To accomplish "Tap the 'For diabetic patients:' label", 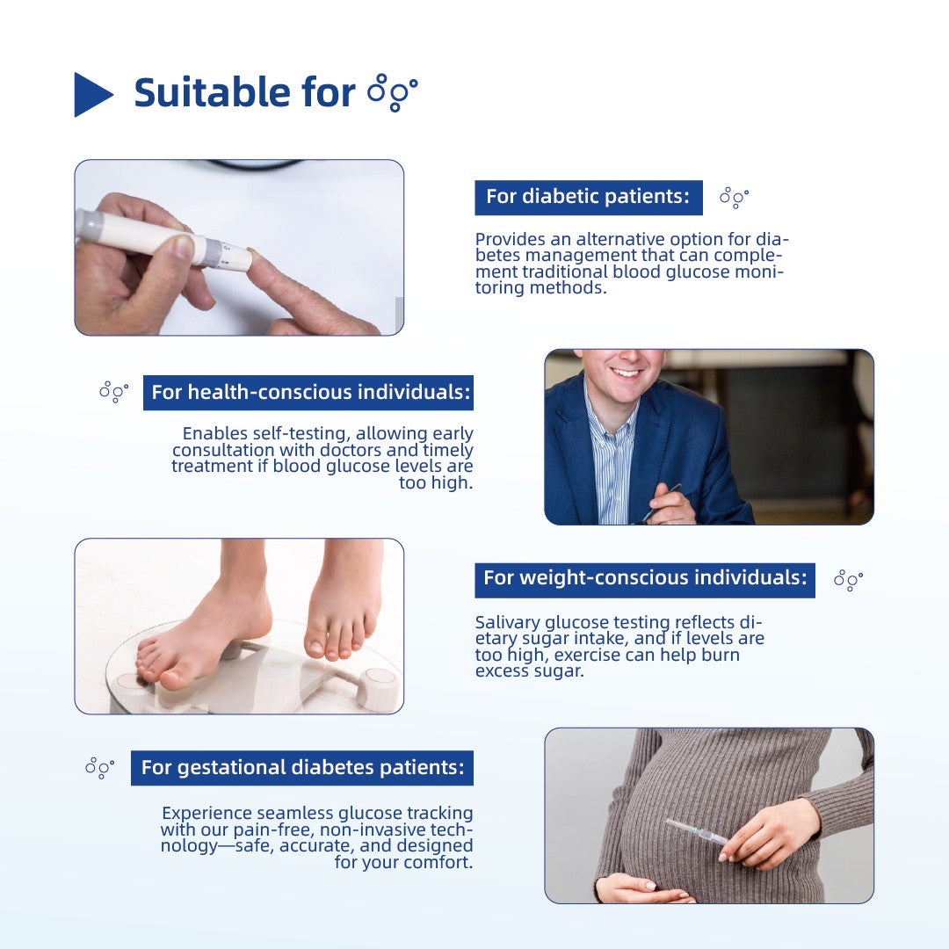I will (x=588, y=197).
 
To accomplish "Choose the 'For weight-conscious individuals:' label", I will (x=644, y=578).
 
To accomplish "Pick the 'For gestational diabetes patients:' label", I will (x=302, y=767).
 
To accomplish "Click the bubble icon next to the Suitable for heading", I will (x=392, y=92).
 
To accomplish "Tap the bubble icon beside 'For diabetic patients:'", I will (x=734, y=198).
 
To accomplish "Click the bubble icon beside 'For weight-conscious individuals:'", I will (x=848, y=579).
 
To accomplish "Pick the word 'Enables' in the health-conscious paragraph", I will (x=212, y=433).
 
